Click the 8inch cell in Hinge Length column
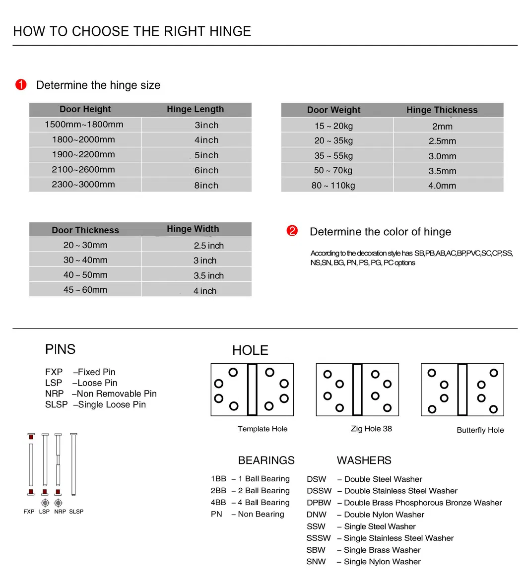click(x=206, y=185)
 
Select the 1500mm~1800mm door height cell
click(x=84, y=125)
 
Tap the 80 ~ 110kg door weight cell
click(x=333, y=186)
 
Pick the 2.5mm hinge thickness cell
click(x=442, y=141)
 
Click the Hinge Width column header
click(x=193, y=229)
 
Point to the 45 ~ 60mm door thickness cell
click(x=85, y=290)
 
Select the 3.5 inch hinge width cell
click(x=208, y=275)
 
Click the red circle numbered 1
click(x=21, y=85)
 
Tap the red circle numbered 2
click(x=292, y=231)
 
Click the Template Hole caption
click(x=263, y=429)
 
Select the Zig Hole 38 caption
click(x=371, y=429)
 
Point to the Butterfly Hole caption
click(x=480, y=430)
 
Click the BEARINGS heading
click(x=266, y=460)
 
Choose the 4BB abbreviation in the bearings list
click(x=218, y=503)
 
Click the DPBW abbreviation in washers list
click(x=319, y=503)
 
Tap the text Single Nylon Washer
click(x=382, y=562)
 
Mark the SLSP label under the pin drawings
click(x=76, y=512)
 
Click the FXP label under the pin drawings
click(x=29, y=512)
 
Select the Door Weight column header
click(x=333, y=110)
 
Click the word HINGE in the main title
click(x=230, y=31)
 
